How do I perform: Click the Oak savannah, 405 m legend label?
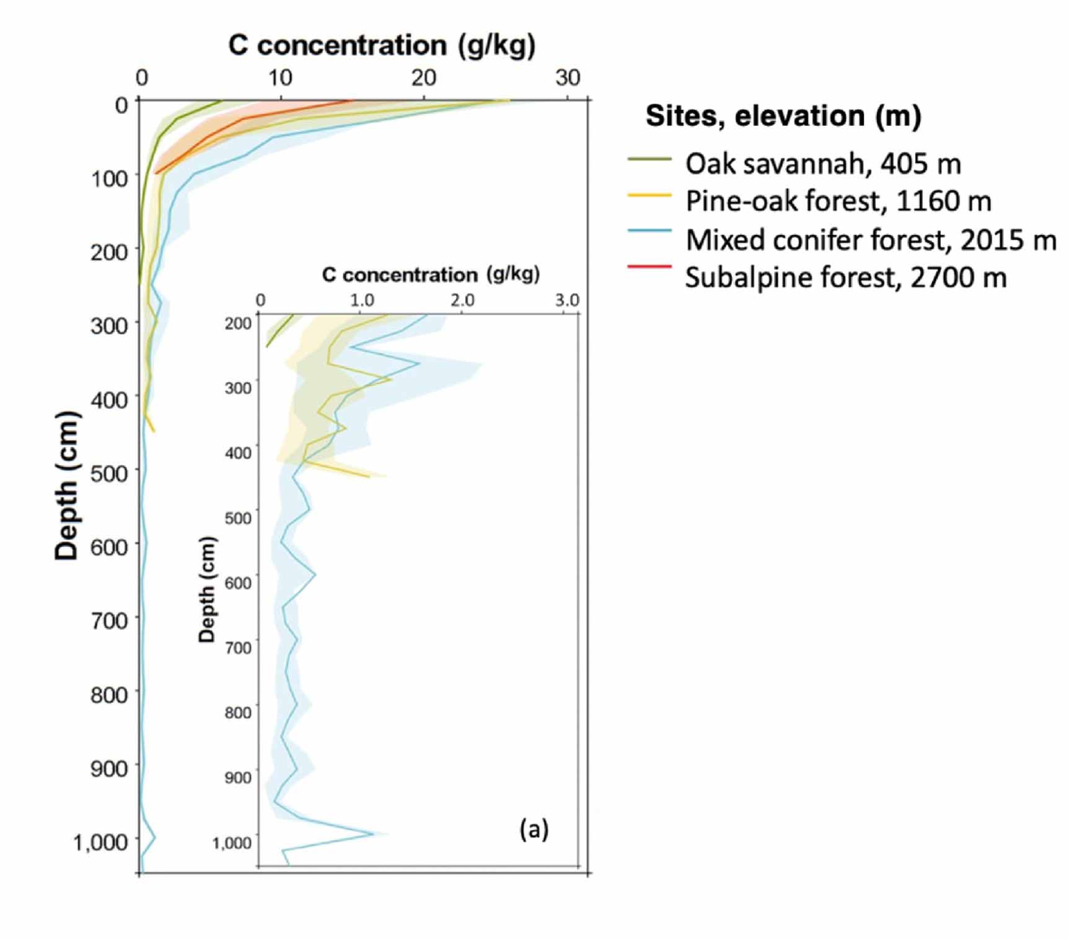pyautogui.click(x=823, y=164)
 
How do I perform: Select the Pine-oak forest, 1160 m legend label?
pyautogui.click(x=838, y=201)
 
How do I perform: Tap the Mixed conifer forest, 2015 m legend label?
pyautogui.click(x=871, y=240)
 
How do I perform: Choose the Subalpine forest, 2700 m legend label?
pyautogui.click(x=845, y=278)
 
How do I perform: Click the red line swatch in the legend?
pyautogui.click(x=649, y=267)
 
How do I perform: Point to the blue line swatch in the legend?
pyautogui.click(x=649, y=231)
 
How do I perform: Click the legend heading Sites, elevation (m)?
pyautogui.click(x=783, y=116)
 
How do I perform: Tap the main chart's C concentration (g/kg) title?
pyautogui.click(x=382, y=45)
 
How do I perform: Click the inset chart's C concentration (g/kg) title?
pyautogui.click(x=431, y=275)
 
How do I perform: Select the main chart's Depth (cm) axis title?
pyautogui.click(x=67, y=486)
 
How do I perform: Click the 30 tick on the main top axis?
pyautogui.click(x=568, y=78)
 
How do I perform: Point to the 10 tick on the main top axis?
pyautogui.click(x=280, y=78)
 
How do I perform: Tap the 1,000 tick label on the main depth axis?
pyautogui.click(x=100, y=842)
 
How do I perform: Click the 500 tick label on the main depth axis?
pyautogui.click(x=109, y=474)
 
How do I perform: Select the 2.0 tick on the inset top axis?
pyautogui.click(x=462, y=301)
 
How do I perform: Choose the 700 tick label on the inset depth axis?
pyautogui.click(x=238, y=648)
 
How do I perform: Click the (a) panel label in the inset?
pyautogui.click(x=534, y=828)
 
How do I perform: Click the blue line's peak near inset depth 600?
pyautogui.click(x=315, y=575)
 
